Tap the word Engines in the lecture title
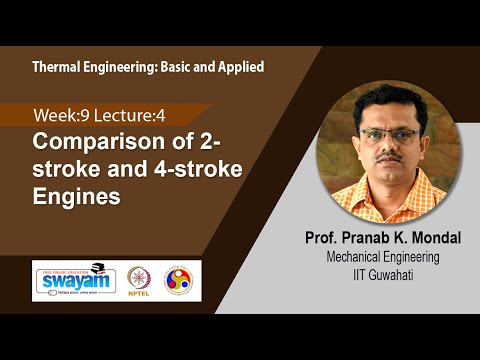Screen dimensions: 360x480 (x=78, y=195)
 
